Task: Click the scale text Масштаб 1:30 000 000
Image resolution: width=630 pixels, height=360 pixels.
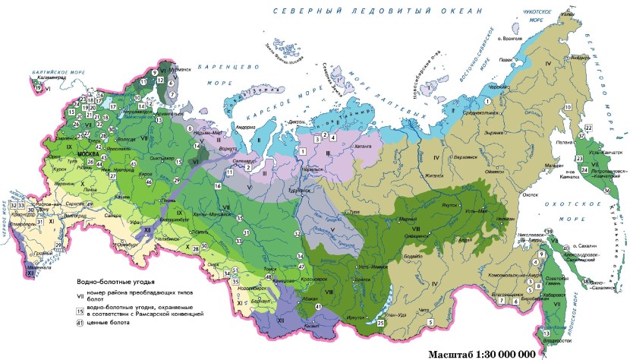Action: [x=481, y=353]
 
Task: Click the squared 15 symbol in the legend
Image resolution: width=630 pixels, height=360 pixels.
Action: [x=80, y=311]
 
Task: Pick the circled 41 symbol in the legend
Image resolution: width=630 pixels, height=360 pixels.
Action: [x=80, y=324]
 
